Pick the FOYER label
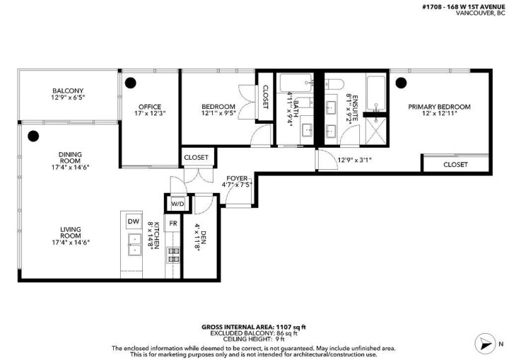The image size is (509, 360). pyautogui.click(x=235, y=178)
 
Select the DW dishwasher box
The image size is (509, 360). pyautogui.click(x=133, y=222)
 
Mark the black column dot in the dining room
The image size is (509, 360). pyautogui.click(x=32, y=137)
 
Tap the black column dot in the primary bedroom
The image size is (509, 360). pyautogui.click(x=400, y=83)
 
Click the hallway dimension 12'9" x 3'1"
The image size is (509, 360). pyautogui.click(x=354, y=160)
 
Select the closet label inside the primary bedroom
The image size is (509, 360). pyautogui.click(x=455, y=164)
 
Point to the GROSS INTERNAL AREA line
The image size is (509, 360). pyautogui.click(x=254, y=327)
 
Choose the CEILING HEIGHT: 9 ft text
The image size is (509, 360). pyautogui.click(x=254, y=339)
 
